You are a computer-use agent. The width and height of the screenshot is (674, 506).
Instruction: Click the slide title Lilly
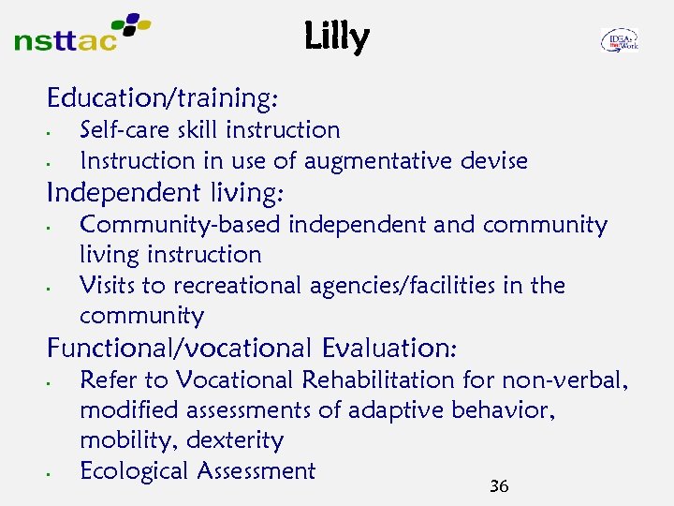(x=337, y=37)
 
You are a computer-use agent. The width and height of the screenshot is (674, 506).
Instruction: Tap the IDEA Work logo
(x=619, y=39)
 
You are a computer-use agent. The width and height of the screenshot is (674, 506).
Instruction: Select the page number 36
(x=499, y=486)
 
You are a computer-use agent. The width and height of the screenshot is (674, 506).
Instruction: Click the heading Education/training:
(x=166, y=97)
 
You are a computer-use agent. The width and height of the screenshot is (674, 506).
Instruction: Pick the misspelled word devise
(x=494, y=161)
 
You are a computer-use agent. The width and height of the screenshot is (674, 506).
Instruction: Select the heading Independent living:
(x=166, y=193)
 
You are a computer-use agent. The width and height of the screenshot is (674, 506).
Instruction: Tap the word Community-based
(x=181, y=225)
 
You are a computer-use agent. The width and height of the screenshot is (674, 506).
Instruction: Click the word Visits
(x=109, y=285)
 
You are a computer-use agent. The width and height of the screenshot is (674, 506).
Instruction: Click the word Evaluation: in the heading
(x=389, y=348)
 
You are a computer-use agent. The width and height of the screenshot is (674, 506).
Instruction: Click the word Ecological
(x=134, y=470)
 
